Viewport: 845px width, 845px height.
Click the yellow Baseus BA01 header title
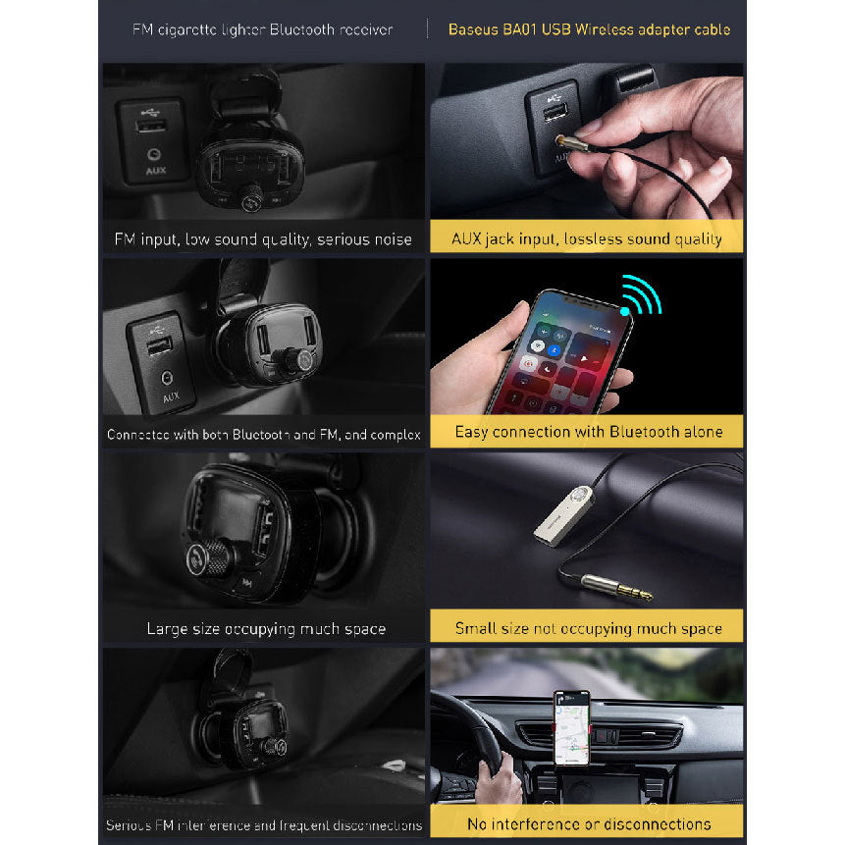click(x=589, y=29)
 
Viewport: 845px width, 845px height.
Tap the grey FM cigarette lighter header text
click(x=262, y=29)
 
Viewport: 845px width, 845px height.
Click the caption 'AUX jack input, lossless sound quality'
click(x=587, y=238)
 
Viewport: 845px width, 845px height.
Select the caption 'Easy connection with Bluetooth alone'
click(x=589, y=432)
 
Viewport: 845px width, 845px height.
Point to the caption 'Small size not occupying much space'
click(x=589, y=628)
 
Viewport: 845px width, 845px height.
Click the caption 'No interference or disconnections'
click(x=589, y=824)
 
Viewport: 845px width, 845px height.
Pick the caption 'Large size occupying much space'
click(x=266, y=629)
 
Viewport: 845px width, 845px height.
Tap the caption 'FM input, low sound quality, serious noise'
click(x=263, y=239)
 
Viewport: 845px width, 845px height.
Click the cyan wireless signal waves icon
click(x=641, y=294)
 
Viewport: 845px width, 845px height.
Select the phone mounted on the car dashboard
click(x=572, y=727)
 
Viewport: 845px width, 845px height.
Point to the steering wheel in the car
click(x=474, y=744)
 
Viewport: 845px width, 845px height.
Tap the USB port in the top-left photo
click(x=151, y=126)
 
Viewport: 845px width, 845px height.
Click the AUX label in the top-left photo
click(x=156, y=171)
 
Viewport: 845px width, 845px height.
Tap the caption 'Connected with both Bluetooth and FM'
click(x=264, y=435)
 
